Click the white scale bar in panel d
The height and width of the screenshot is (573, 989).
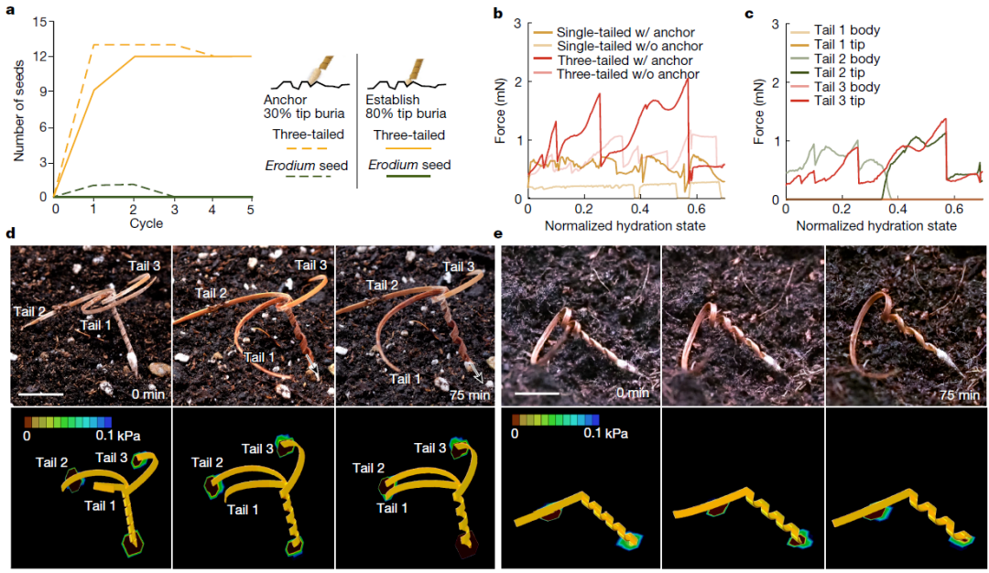coord(40,394)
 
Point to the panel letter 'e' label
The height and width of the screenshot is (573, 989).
coord(498,233)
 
